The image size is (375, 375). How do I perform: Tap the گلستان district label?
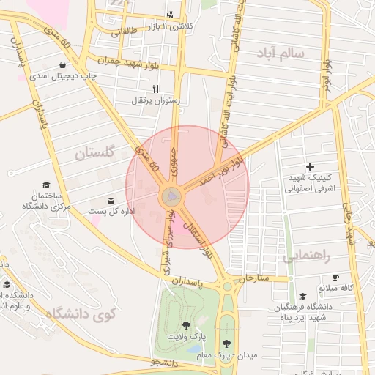click(x=96, y=154)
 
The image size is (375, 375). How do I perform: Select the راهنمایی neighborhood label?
click(x=306, y=256)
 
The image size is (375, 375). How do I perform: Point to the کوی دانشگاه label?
click(x=81, y=313)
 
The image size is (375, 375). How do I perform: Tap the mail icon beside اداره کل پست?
click(x=111, y=200)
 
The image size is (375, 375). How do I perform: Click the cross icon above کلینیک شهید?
click(x=310, y=166)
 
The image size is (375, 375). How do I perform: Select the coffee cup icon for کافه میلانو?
click(x=335, y=278)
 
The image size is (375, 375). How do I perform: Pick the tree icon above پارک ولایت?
click(x=184, y=324)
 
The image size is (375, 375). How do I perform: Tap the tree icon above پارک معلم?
click(x=226, y=342)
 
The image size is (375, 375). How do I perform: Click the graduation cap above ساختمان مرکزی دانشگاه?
click(x=47, y=185)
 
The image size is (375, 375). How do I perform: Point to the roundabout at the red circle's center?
click(x=172, y=196)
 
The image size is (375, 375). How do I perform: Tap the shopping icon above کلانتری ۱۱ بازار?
click(x=170, y=14)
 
